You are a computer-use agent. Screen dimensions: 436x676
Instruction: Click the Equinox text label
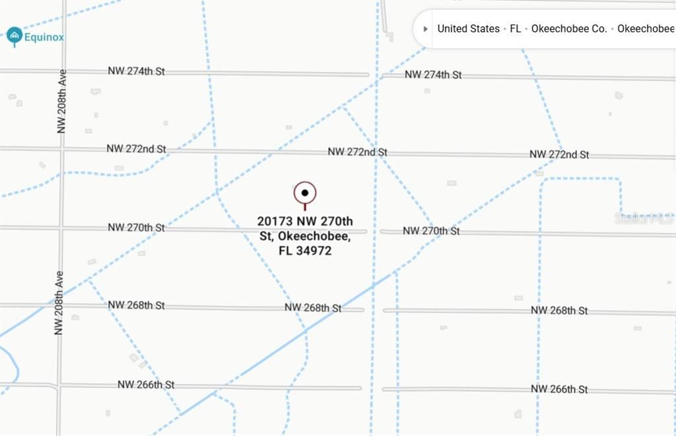44,38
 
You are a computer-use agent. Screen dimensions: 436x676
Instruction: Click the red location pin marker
305,194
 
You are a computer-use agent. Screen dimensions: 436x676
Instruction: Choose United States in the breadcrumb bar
468,29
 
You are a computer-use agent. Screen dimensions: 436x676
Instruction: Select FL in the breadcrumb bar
516,29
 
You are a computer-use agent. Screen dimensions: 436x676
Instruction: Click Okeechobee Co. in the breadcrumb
569,29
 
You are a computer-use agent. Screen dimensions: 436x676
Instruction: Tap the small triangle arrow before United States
425,29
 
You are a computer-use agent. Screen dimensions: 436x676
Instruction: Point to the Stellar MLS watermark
644,218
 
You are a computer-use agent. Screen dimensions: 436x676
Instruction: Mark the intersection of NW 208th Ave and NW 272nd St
61,149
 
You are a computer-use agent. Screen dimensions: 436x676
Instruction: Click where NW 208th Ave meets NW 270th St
61,228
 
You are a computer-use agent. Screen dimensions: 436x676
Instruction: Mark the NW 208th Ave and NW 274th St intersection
63,71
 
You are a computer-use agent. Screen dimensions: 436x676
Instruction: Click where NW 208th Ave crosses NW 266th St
59,385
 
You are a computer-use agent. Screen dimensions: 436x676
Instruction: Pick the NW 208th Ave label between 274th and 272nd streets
62,104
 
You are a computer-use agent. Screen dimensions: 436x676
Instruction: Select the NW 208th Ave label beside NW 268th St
59,302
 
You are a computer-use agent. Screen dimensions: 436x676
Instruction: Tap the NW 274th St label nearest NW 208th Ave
137,71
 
